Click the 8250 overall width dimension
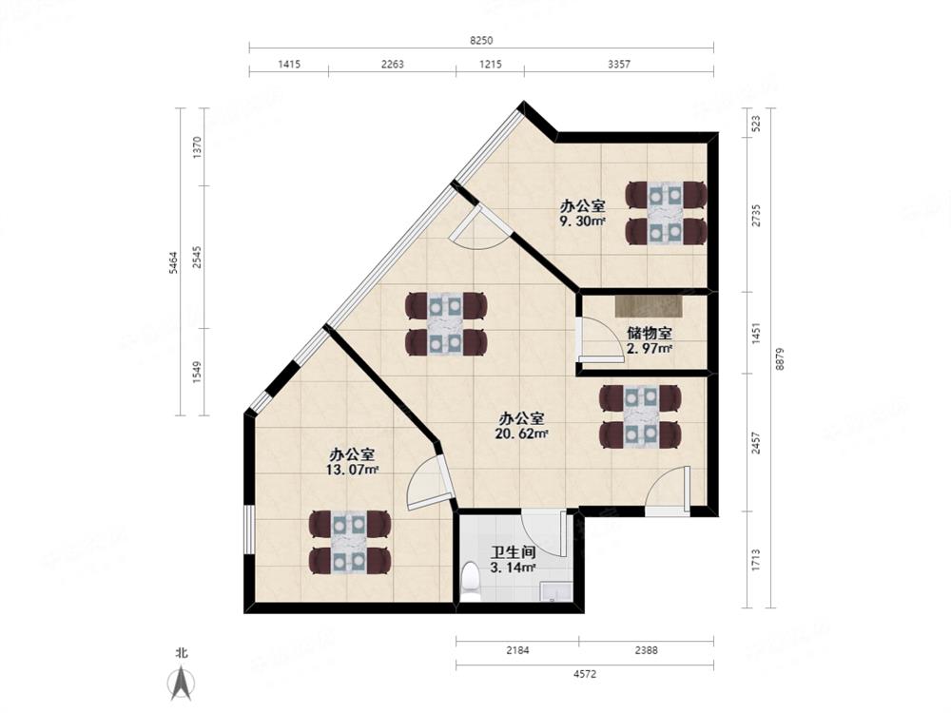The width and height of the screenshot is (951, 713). coord(481,41)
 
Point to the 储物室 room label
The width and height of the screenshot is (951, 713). coord(650,334)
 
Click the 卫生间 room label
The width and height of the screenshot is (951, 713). coord(513,552)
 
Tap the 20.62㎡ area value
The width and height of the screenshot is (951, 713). coord(521,434)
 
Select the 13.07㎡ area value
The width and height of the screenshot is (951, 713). coord(354,470)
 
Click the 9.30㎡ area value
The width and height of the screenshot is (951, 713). coord(582,221)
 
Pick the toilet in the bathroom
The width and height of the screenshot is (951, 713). coord(471,581)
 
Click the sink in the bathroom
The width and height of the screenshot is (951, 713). coord(554,593)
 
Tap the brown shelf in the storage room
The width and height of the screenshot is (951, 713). coord(649,306)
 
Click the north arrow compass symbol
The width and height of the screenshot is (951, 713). coord(181,681)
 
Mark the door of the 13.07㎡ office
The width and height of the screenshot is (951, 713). coord(425,483)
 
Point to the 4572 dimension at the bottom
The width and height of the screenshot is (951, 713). coord(584,674)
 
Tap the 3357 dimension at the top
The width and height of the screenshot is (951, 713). coord(618,65)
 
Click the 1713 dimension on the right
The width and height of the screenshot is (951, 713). coord(756,561)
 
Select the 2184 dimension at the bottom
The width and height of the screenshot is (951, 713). coord(516,651)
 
